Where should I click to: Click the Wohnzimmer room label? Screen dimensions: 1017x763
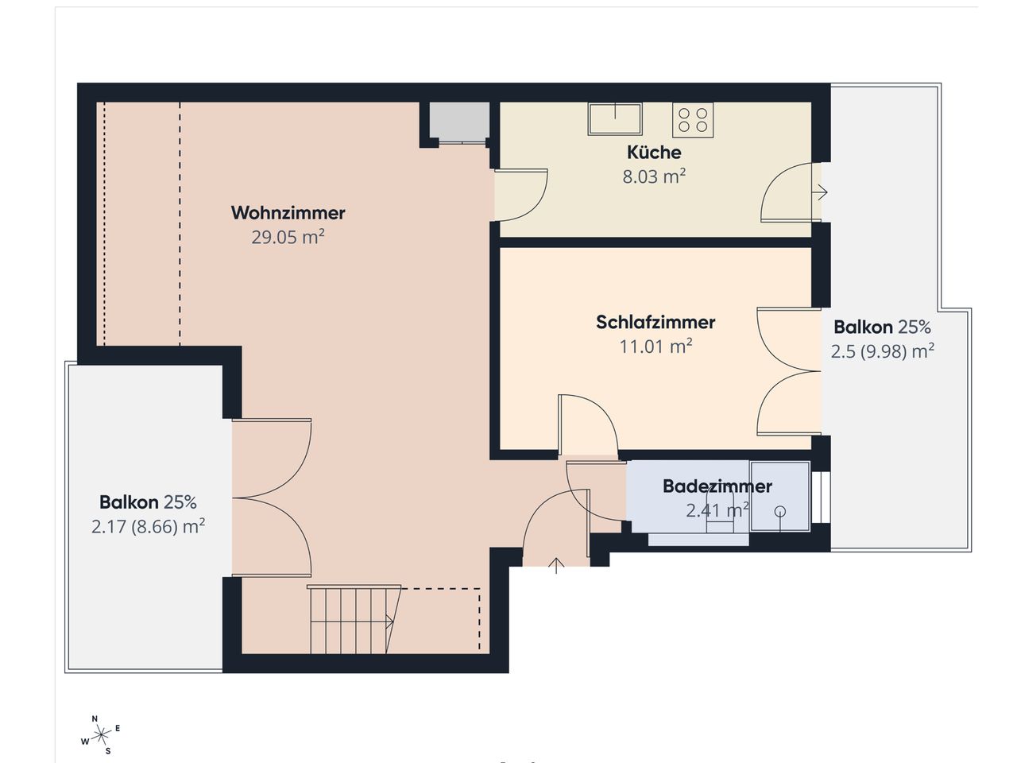click(x=288, y=213)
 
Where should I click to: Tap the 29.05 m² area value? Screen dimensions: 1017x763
click(x=288, y=237)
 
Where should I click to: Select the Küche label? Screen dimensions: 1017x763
click(x=654, y=152)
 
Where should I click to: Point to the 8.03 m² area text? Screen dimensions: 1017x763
click(x=654, y=176)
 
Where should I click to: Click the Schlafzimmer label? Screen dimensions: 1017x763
click(x=655, y=323)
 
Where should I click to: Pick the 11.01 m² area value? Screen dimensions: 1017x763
click(x=655, y=346)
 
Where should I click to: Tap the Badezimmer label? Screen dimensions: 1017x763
click(x=717, y=486)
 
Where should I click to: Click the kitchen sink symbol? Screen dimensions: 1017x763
click(x=615, y=119)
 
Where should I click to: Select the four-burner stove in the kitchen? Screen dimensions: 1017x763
click(x=693, y=120)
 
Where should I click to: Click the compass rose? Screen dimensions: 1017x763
click(x=101, y=734)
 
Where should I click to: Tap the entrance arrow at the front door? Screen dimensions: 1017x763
click(x=556, y=566)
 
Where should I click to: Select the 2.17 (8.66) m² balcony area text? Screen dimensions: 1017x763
click(x=149, y=527)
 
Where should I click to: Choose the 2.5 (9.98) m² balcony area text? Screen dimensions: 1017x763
click(x=882, y=351)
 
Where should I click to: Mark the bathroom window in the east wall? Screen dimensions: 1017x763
click(x=821, y=497)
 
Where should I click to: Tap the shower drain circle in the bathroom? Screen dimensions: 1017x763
click(x=780, y=511)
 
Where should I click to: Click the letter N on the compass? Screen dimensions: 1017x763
click(x=95, y=719)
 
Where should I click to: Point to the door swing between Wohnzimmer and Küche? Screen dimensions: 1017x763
click(x=521, y=195)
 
